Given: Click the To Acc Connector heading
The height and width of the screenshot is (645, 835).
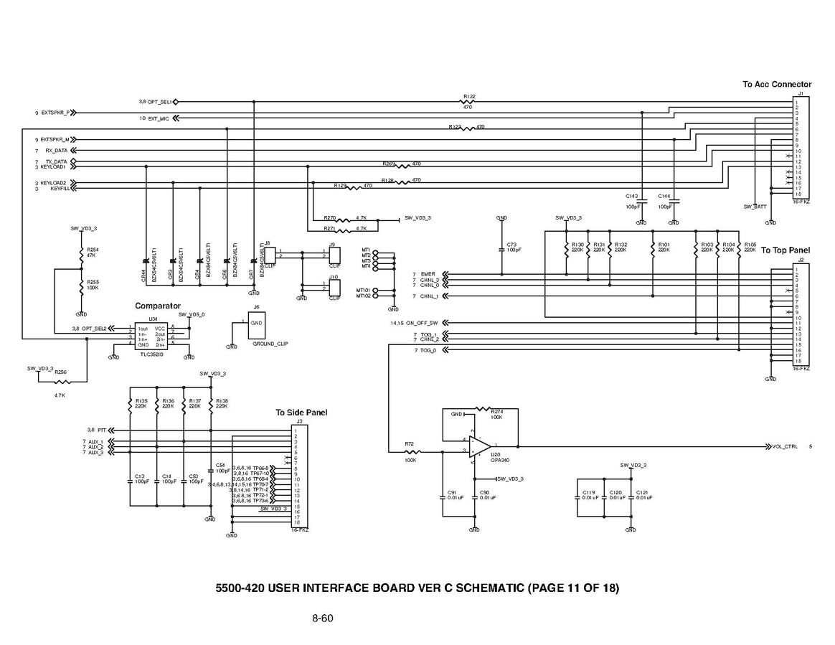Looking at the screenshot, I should (777, 85).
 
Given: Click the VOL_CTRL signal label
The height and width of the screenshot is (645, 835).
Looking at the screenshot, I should (785, 446).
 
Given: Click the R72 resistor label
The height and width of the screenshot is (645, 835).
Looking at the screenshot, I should (410, 445).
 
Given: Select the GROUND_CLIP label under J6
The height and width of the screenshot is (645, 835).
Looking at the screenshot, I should (270, 344).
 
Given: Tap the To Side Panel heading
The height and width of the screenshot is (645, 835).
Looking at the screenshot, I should (301, 413).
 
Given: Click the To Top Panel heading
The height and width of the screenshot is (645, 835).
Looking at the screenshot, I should (786, 250).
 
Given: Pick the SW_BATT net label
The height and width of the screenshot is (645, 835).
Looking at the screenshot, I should (755, 207).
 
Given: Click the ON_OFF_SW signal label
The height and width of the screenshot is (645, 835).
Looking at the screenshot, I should (424, 323).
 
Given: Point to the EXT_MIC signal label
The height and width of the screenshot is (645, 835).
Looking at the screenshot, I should (159, 118).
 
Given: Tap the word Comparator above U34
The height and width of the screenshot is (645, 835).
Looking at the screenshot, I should (158, 306).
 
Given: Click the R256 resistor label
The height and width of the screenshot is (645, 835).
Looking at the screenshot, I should (60, 372).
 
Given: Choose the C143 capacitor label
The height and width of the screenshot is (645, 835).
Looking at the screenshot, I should (631, 195).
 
